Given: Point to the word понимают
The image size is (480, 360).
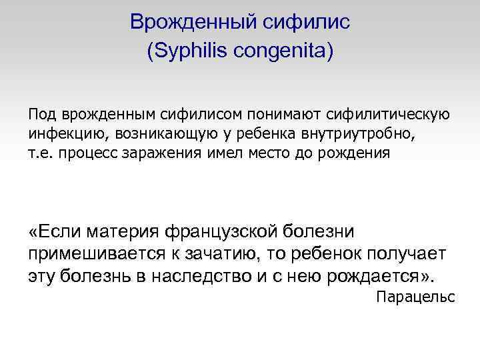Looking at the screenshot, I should pyautogui.click(x=283, y=115).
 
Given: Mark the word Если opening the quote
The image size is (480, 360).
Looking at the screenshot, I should pyautogui.click(x=57, y=231).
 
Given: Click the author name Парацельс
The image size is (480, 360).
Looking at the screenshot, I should pyautogui.click(x=415, y=297).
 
